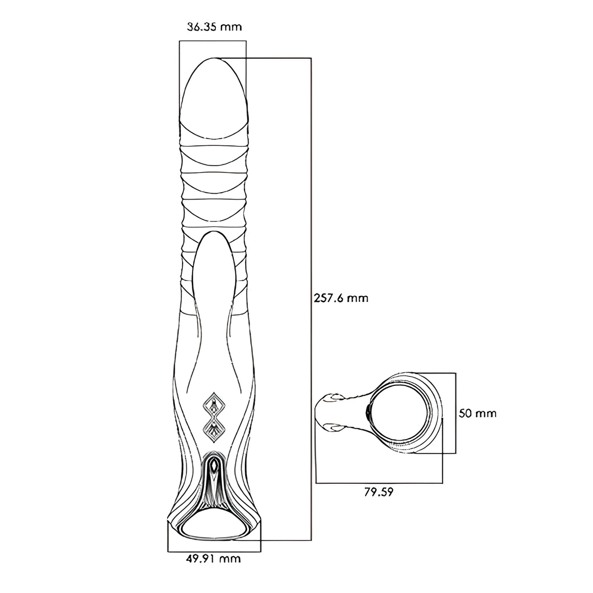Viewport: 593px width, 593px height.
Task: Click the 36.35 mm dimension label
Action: point(214,27)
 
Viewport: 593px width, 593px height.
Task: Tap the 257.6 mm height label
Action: point(340,298)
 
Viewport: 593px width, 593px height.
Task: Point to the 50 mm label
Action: point(477,413)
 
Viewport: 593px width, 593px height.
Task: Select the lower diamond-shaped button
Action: point(214,431)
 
